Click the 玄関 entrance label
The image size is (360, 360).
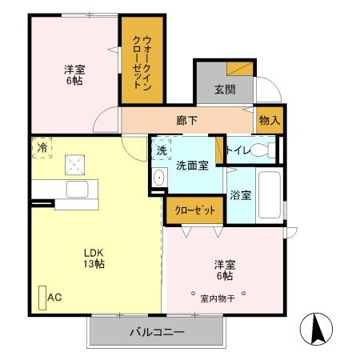[225, 90]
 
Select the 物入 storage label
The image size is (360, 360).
[270, 121]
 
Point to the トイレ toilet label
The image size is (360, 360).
[238, 149]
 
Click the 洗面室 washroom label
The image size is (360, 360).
[192, 166]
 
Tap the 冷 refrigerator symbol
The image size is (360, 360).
[42, 148]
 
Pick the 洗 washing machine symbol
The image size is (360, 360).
[161, 150]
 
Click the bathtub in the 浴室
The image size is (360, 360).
[270, 195]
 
